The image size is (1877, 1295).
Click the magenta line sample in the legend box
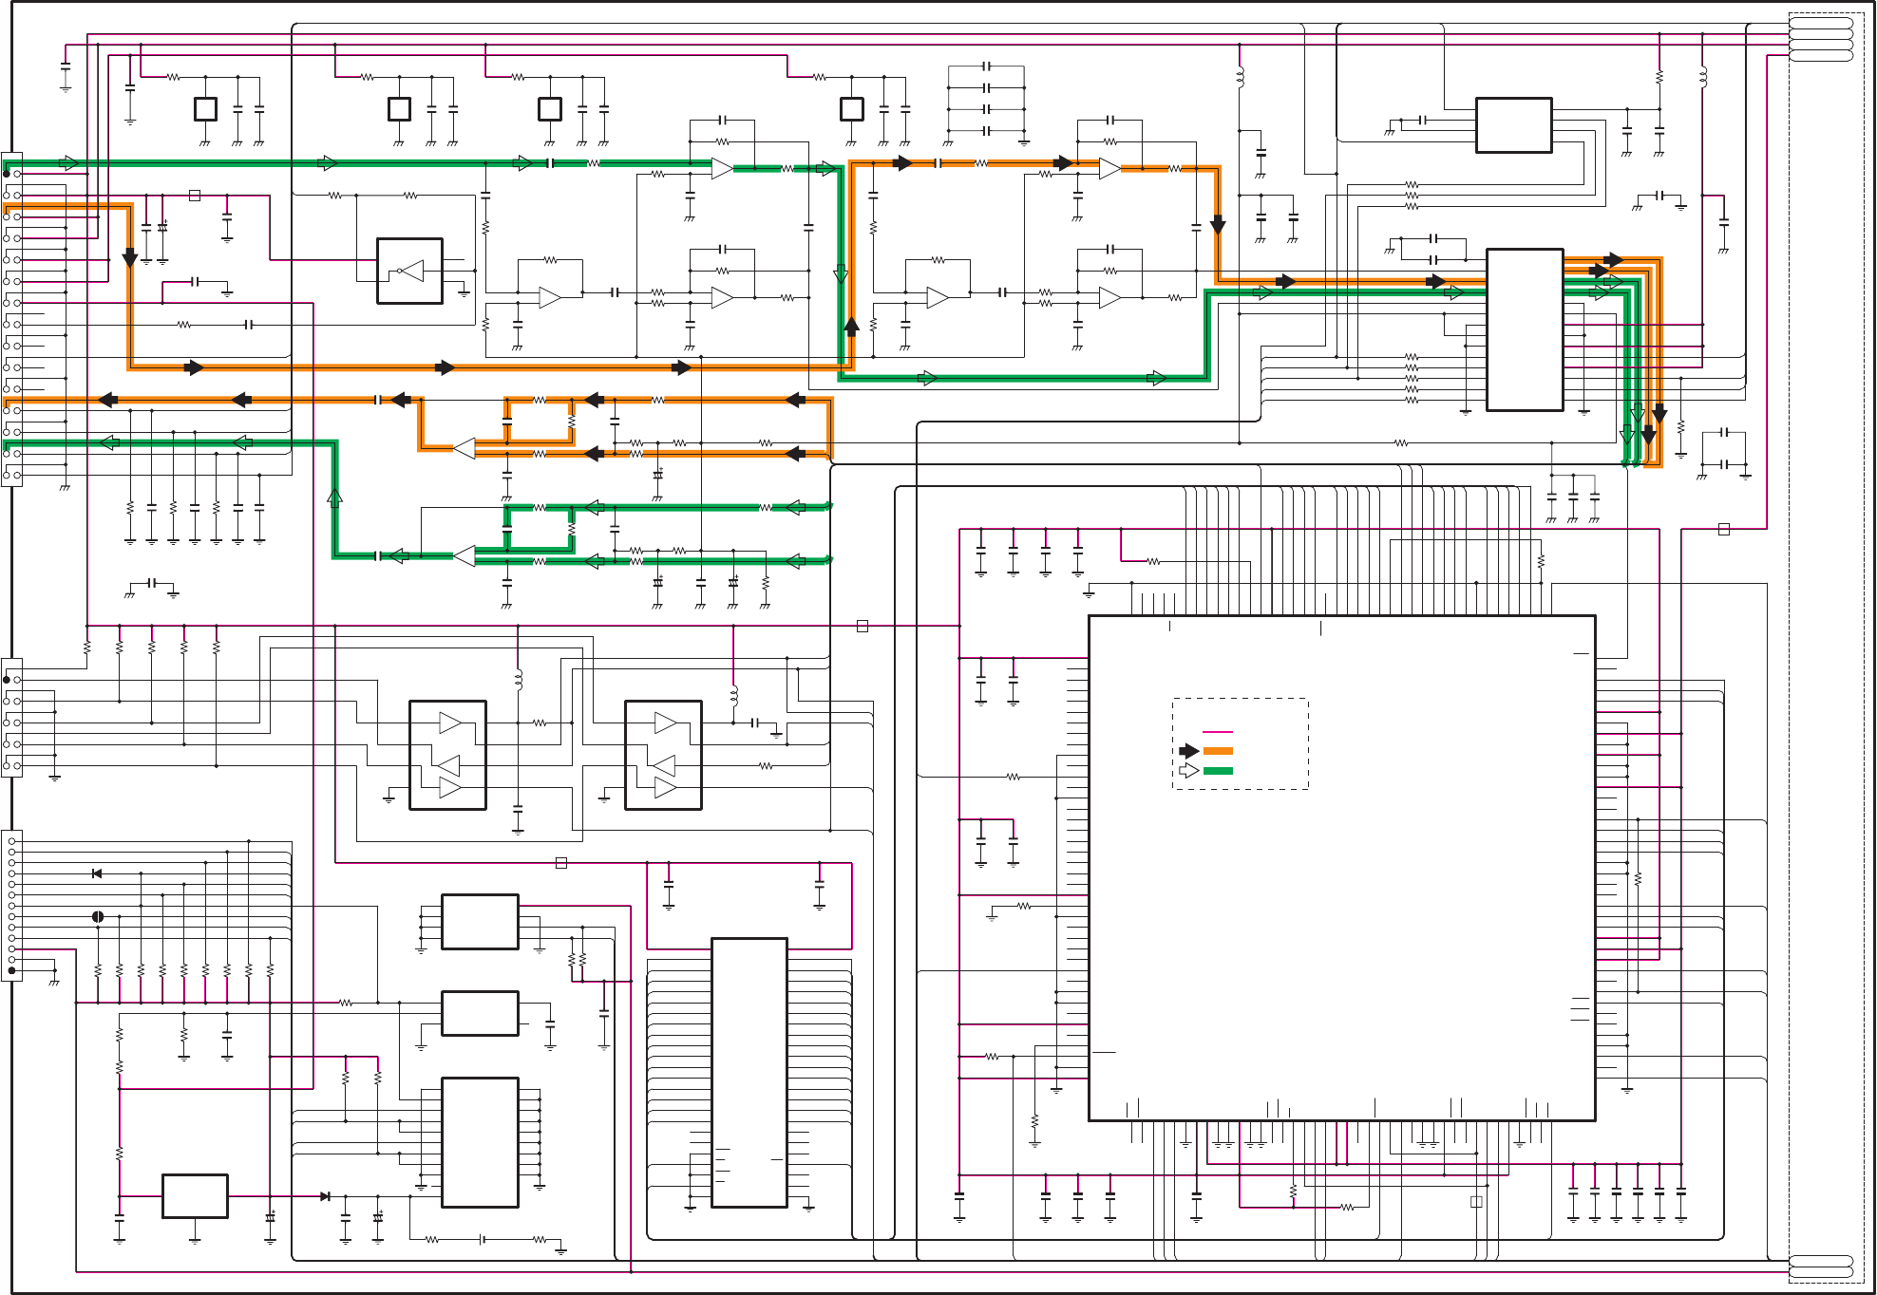point(1217,732)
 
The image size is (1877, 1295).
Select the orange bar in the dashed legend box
point(1217,751)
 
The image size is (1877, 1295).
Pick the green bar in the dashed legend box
point(1217,770)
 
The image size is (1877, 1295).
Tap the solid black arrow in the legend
point(1188,751)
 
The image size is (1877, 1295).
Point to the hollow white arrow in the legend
point(1188,770)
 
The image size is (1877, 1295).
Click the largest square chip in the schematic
point(1341,868)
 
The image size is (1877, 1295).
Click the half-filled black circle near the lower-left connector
point(98,916)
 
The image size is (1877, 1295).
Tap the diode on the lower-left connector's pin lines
point(97,873)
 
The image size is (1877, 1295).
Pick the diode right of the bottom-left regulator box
point(326,1196)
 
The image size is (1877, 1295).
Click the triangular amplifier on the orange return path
point(465,448)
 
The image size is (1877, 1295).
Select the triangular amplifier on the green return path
point(465,556)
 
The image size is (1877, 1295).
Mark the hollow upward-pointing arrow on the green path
point(334,496)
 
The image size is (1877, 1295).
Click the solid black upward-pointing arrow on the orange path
point(852,326)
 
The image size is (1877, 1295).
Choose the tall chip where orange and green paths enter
point(1524,329)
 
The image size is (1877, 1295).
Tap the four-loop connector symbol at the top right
point(1821,39)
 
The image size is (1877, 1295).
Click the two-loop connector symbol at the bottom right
point(1821,1267)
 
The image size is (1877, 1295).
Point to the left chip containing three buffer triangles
point(447,755)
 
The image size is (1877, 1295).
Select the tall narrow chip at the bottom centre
point(749,1072)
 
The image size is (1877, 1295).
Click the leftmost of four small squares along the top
point(205,109)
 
